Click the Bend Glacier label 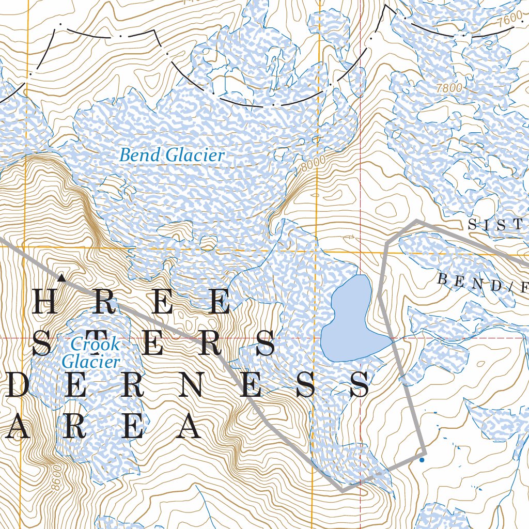[x=172, y=155]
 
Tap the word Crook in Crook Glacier [x=95, y=344]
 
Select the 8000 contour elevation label [x=313, y=164]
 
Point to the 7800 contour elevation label [x=448, y=88]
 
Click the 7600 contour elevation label [x=511, y=18]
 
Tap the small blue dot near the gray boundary [x=422, y=459]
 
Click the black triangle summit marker [x=61, y=278]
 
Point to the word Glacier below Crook [x=91, y=362]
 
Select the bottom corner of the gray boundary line [x=342, y=489]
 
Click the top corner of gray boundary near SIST [x=417, y=222]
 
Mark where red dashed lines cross [x=360, y=338]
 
